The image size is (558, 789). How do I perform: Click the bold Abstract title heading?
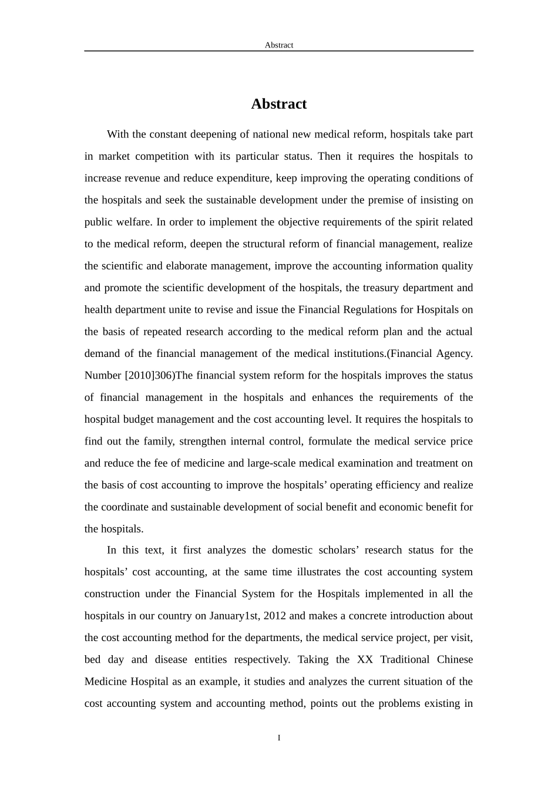[279, 104]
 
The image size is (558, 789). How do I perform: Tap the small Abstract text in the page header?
[279, 45]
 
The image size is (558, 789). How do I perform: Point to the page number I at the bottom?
[279, 738]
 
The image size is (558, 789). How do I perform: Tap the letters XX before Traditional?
[365, 659]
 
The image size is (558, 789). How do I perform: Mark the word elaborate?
[190, 266]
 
